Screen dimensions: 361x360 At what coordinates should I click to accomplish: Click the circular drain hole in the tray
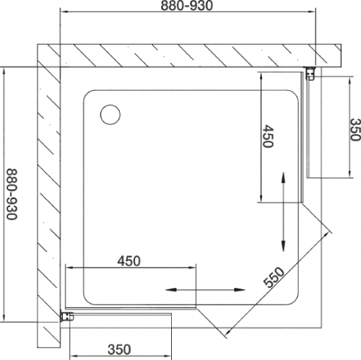[110, 115]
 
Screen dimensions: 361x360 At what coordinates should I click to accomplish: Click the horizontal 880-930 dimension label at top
[187, 5]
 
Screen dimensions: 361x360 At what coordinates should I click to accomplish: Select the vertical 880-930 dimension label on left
[12, 194]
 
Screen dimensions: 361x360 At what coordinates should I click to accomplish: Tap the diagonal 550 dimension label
[274, 277]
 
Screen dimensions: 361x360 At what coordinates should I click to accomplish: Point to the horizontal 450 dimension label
[129, 261]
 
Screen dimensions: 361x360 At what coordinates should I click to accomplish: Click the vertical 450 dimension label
[268, 136]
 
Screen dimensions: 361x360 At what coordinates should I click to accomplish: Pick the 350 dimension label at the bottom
[119, 350]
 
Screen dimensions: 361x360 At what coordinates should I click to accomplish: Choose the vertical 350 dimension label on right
[355, 129]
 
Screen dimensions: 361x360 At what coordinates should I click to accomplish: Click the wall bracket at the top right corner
[310, 74]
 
